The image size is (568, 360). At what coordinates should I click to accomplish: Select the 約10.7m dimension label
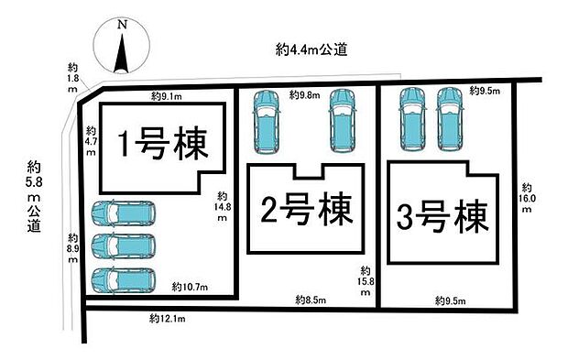click(191, 289)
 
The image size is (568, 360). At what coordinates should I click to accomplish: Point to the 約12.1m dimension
click(168, 319)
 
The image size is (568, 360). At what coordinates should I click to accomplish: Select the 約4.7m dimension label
click(90, 142)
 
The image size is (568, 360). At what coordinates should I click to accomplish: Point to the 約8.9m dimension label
click(73, 247)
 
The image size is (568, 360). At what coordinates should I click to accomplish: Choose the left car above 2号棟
click(268, 121)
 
